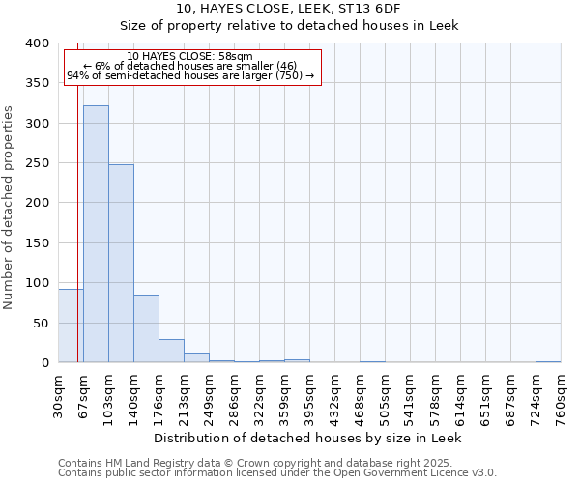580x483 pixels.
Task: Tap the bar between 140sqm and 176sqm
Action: pyautogui.click(x=146, y=328)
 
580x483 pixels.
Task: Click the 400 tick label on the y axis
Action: pyautogui.click(x=38, y=43)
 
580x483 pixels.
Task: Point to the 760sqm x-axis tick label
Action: pyautogui.click(x=562, y=397)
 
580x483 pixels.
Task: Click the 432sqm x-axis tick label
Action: pyautogui.click(x=335, y=397)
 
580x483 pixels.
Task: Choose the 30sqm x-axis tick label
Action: pyautogui.click(x=59, y=397)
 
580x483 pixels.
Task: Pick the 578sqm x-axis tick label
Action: pyautogui.click(x=436, y=397)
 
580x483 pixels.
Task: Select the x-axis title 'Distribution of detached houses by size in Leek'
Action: pyautogui.click(x=308, y=438)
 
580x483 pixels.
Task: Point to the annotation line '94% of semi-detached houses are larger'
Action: pyautogui.click(x=189, y=75)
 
